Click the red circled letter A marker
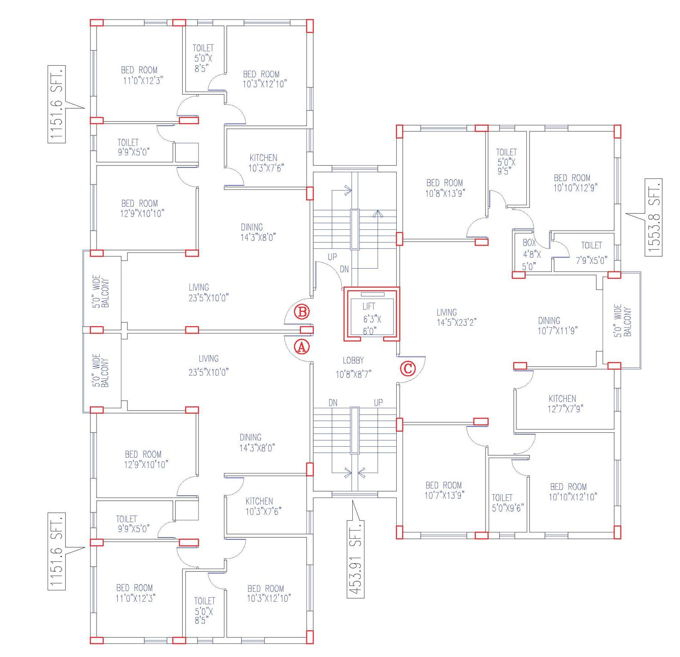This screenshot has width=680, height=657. [302, 347]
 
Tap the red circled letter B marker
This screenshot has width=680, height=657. [302, 312]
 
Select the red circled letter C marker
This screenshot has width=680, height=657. [408, 368]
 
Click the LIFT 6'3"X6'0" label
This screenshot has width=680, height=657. [371, 319]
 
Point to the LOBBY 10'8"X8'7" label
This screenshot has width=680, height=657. [353, 367]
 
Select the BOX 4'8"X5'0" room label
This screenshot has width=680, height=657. [531, 255]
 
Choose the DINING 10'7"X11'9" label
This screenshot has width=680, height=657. [557, 325]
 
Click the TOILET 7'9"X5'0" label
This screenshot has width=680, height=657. [591, 253]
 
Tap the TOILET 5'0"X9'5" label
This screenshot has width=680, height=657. [506, 162]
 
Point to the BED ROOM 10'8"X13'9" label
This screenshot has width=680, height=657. [445, 188]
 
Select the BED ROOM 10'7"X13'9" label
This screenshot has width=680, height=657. [444, 490]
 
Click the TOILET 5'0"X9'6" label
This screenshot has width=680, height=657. [507, 503]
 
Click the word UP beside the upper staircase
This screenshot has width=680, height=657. [332, 257]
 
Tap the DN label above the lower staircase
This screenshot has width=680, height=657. [333, 403]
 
